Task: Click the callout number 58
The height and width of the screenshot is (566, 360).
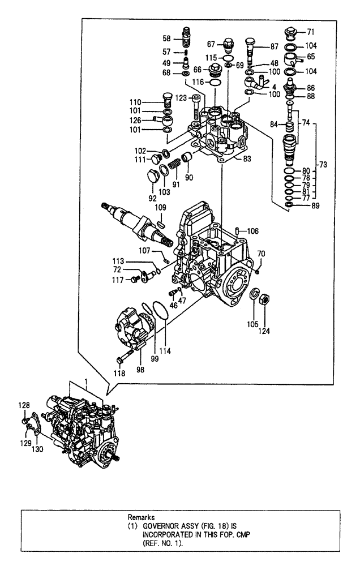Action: pos(166,38)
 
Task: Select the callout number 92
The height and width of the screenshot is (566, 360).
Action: pos(151,198)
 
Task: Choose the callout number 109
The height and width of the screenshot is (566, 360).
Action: pos(161,208)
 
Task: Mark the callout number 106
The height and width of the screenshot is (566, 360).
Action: pos(253,230)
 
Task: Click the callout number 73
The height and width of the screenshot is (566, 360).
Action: pos(323,164)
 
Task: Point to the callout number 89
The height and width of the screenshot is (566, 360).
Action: pos(315,205)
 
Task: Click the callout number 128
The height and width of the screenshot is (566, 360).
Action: pos(23,405)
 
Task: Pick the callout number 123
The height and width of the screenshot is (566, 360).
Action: pos(181,98)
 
